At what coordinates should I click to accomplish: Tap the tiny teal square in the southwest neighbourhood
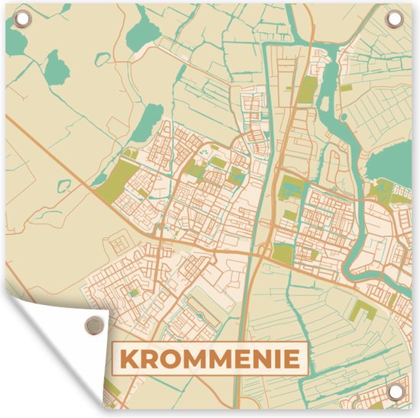pyautogui.click(x=134, y=292)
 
